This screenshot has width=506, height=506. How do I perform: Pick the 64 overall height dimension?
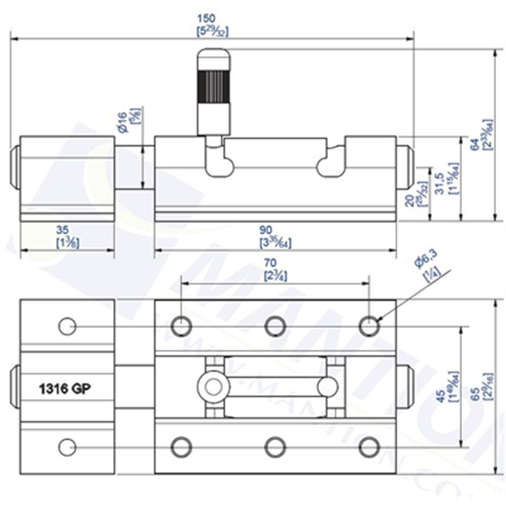coord(474,145)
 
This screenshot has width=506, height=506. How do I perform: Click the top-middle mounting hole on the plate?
coord(274,326)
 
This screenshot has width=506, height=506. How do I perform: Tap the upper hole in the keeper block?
coord(67,326)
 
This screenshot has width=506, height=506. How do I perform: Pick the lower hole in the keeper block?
coord(67,446)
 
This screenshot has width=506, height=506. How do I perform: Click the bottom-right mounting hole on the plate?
coord(368,446)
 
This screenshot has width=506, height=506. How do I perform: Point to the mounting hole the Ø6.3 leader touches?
coord(368,326)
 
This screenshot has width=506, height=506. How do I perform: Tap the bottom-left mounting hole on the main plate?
coord(180,446)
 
